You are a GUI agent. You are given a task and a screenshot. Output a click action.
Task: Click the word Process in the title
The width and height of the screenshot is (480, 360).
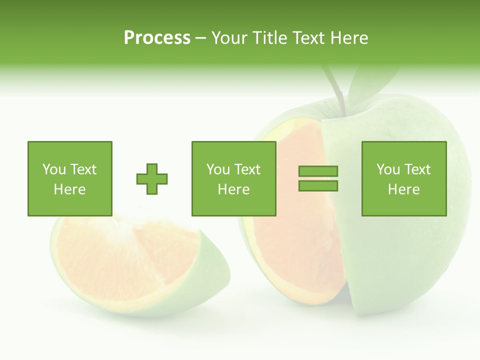point(157,38)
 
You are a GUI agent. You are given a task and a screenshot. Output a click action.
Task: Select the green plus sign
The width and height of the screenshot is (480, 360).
point(152,179)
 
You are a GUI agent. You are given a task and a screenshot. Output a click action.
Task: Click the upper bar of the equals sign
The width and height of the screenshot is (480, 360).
point(318,171)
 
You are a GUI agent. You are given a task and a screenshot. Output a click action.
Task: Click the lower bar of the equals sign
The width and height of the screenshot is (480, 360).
point(318,186)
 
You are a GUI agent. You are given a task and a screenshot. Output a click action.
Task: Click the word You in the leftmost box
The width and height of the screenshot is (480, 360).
point(54,169)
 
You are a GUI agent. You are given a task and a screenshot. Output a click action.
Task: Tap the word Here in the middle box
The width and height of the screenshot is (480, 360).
point(233,189)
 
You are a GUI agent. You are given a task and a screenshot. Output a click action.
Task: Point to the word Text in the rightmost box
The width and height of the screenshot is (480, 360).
point(417,169)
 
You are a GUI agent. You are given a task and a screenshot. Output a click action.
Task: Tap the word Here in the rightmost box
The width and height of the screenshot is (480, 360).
point(403,189)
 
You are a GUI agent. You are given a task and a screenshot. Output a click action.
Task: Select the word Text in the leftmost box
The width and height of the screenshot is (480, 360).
point(83,169)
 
